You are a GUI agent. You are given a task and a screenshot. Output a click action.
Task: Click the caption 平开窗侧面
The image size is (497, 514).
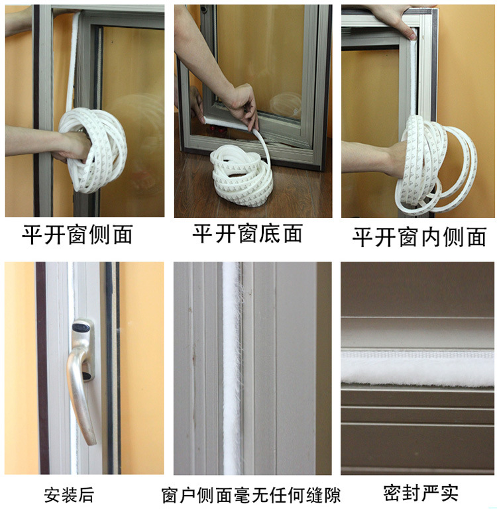click(x=77, y=234)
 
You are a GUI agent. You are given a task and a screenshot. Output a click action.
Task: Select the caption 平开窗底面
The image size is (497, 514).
click(x=247, y=234)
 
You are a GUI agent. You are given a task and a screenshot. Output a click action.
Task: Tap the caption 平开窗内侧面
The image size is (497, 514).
click(x=419, y=237)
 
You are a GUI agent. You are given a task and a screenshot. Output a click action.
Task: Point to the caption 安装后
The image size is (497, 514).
click(x=69, y=495)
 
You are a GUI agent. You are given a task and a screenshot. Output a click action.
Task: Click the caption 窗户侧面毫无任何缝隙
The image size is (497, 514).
click(x=251, y=495)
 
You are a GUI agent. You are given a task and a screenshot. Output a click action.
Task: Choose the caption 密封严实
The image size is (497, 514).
click(x=421, y=493)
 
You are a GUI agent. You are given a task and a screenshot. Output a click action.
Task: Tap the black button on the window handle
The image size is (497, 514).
click(x=81, y=327)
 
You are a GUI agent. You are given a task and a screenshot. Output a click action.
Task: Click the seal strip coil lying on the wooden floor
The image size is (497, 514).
click(x=242, y=176)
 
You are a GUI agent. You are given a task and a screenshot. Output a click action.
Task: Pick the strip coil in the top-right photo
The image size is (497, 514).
click(x=436, y=164)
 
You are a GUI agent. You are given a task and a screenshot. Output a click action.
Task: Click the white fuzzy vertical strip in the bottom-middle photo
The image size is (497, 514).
click(x=232, y=368)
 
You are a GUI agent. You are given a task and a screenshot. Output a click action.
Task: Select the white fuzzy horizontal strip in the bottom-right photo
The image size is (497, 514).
click(x=417, y=368)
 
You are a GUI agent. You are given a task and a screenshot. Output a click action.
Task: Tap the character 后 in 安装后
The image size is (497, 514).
click(x=86, y=495)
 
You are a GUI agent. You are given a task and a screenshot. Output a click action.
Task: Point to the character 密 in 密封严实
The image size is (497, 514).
click(x=392, y=493)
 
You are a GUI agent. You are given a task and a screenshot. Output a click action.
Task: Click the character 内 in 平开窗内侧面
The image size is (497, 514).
click(x=430, y=237)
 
